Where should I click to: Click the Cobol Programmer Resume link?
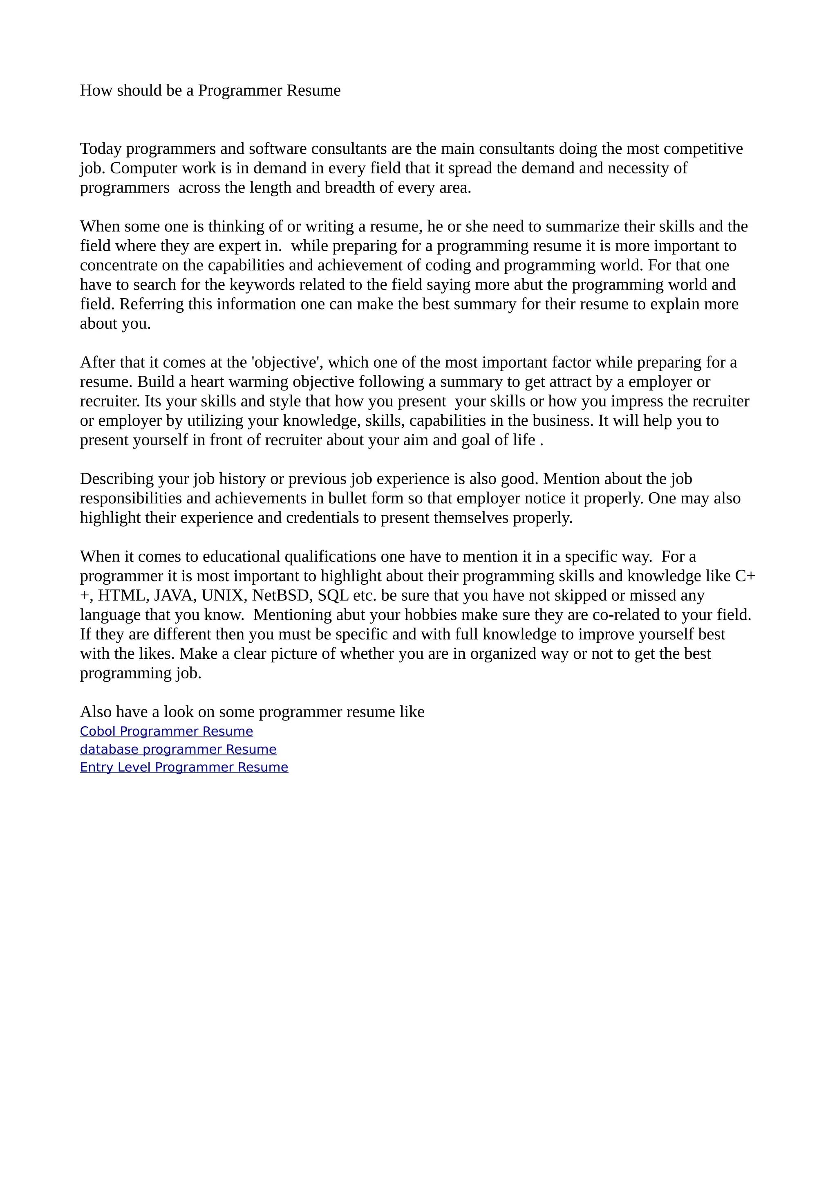click(166, 732)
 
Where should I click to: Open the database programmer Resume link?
click(178, 750)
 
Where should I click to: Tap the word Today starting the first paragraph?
click(101, 149)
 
